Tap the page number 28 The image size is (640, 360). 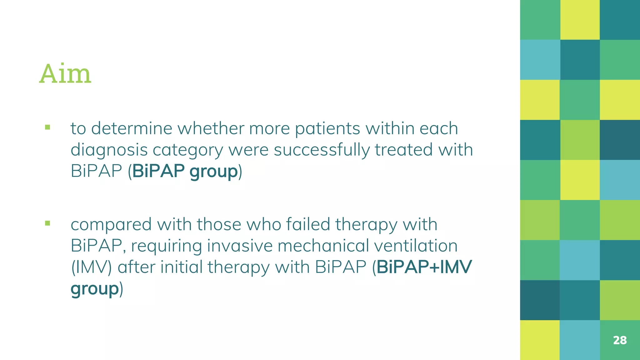(x=620, y=340)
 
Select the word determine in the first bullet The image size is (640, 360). (x=132, y=128)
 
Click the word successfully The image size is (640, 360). (x=322, y=150)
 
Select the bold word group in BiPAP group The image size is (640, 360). (x=213, y=172)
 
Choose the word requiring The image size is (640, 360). (x=166, y=246)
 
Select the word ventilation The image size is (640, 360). (x=416, y=246)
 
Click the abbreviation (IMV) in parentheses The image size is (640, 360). (x=91, y=267)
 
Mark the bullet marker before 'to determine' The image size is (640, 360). (x=47, y=127)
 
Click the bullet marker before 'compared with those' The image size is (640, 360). (x=47, y=223)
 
